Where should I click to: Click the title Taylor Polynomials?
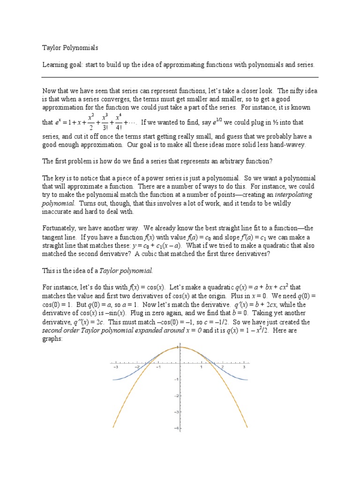click(70, 47)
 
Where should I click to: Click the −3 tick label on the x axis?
click(115, 367)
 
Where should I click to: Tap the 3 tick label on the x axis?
click(244, 367)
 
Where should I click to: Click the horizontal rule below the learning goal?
click(180, 77)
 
